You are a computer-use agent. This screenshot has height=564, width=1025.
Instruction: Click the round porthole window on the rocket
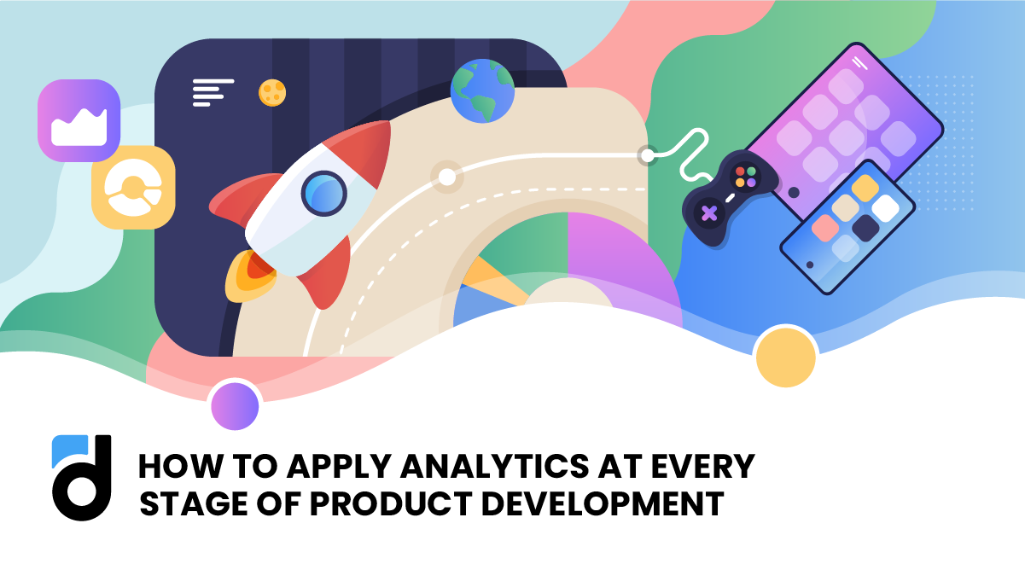click(x=324, y=193)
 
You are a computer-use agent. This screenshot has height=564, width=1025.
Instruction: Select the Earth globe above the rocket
click(x=482, y=91)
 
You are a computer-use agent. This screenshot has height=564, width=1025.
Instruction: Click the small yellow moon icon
click(x=272, y=92)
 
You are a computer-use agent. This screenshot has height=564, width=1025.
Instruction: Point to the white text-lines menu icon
click(x=212, y=92)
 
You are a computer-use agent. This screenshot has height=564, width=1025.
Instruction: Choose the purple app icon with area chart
click(x=79, y=120)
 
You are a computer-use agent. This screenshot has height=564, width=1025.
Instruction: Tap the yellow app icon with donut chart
click(x=133, y=187)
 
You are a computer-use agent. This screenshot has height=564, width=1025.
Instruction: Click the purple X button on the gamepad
click(x=708, y=212)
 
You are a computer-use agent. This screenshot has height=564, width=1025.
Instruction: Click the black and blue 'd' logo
click(x=82, y=477)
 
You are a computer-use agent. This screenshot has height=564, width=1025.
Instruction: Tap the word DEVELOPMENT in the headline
click(x=603, y=503)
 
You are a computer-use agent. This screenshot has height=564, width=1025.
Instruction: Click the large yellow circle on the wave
click(x=785, y=357)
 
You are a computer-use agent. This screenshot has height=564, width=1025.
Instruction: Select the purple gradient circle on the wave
click(x=235, y=406)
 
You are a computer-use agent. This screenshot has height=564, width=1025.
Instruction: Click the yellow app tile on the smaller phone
click(x=865, y=189)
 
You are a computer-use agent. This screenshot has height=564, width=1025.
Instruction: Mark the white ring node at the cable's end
click(x=647, y=155)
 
